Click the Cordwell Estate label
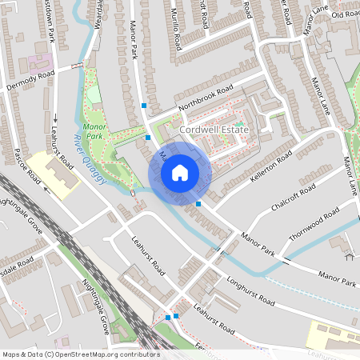214,129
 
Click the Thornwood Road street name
315,222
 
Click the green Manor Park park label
94,130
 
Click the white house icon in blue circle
180,172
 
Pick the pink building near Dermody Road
40,61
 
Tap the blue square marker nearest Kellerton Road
198,204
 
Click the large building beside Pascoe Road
58,171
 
